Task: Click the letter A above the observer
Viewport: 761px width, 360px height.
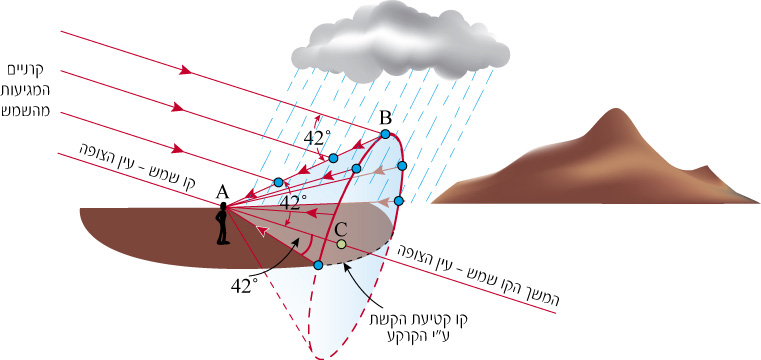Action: point(222,193)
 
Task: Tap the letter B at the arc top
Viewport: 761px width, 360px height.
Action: point(385,118)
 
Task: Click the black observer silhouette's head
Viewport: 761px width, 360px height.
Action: point(223,207)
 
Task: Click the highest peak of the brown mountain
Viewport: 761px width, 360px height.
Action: point(615,109)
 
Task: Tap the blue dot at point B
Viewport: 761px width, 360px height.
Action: point(385,134)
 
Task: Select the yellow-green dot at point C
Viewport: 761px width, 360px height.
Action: point(341,244)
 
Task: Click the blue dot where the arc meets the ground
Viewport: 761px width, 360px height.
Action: point(318,265)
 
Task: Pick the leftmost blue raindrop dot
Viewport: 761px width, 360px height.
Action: point(278,182)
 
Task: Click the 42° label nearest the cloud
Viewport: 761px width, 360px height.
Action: point(315,138)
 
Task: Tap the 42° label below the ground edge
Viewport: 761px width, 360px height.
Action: point(243,286)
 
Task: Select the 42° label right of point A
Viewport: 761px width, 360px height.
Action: point(295,203)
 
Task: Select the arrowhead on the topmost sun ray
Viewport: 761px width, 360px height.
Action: point(186,71)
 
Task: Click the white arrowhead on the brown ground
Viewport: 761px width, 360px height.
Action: point(261,232)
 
